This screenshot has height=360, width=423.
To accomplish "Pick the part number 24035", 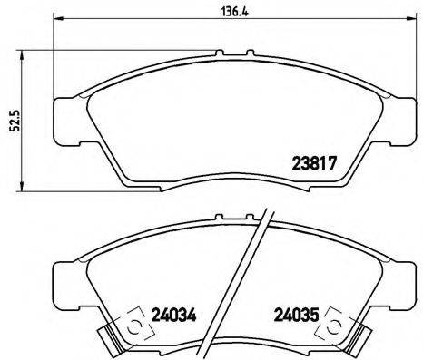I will pyautogui.click(x=296, y=318).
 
